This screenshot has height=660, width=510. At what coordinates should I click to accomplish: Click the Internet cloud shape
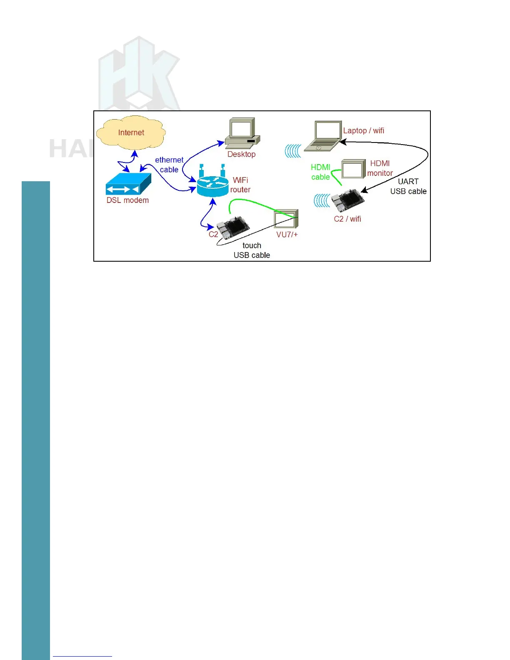[131, 132]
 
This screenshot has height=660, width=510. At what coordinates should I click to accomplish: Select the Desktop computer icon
[242, 133]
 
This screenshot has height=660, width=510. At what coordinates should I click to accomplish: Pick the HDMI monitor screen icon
[353, 169]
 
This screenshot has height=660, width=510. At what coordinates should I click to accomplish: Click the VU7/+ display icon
[286, 219]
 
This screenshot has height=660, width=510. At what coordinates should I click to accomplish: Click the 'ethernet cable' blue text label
[169, 165]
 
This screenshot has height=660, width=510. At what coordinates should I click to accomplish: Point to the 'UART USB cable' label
[408, 186]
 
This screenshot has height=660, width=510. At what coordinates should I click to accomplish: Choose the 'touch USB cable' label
[252, 250]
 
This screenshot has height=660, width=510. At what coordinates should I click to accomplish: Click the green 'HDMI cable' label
[320, 172]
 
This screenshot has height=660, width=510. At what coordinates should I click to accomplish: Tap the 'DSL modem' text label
[127, 200]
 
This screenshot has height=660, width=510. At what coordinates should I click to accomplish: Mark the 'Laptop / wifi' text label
[363, 131]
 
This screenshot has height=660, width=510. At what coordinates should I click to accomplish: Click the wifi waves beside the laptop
[293, 151]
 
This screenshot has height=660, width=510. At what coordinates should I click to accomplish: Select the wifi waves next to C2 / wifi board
[322, 200]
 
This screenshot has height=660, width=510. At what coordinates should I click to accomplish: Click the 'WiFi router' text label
[240, 185]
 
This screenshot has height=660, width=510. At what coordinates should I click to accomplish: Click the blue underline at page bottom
[82, 656]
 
